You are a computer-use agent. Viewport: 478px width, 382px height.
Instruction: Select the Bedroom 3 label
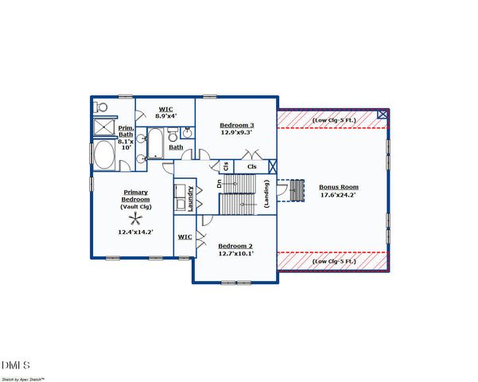click(237, 125)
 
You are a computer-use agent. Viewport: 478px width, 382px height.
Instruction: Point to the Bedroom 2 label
click(235, 245)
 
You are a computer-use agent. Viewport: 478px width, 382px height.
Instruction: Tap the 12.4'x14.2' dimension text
click(135, 232)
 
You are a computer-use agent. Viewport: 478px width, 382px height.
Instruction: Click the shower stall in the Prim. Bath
click(103, 127)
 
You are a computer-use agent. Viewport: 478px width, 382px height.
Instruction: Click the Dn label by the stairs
click(220, 184)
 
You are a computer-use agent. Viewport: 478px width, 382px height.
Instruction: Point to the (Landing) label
click(266, 194)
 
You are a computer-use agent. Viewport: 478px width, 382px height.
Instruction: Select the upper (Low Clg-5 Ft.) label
click(333, 120)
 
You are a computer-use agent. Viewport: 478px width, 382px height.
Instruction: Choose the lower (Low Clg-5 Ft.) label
click(333, 261)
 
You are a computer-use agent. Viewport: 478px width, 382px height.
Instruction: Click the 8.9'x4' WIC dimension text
click(166, 117)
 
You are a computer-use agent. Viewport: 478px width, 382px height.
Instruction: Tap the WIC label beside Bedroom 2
click(184, 236)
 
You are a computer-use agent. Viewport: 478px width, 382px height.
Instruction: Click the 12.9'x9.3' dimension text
click(237, 133)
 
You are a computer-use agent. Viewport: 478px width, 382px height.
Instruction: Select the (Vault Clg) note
click(135, 206)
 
